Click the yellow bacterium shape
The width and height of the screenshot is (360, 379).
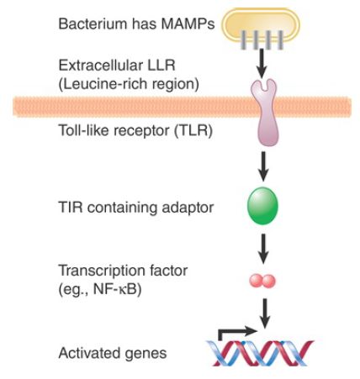coord(261,24)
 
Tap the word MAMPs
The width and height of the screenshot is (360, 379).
coord(188,24)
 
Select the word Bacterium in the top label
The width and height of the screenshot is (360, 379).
coord(93,24)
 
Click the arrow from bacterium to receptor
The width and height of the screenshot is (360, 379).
coord(262,63)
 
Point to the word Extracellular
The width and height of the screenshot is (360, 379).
coord(101,66)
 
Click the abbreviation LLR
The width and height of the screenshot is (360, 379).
coord(161,66)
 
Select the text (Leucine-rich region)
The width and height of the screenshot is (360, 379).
coord(129,84)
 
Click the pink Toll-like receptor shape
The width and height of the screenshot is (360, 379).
coord(264,112)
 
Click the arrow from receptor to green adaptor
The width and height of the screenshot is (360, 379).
coord(263,166)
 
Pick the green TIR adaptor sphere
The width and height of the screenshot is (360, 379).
coord(262,206)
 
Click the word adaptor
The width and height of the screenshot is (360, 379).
coord(188,208)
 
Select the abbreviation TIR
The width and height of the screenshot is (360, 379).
coord(71,208)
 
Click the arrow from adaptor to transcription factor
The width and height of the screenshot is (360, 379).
coord(263,248)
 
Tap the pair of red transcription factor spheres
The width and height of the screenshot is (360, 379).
coord(262,281)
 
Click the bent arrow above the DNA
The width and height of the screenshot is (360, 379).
coord(237,333)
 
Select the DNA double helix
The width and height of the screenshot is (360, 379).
coord(260,353)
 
